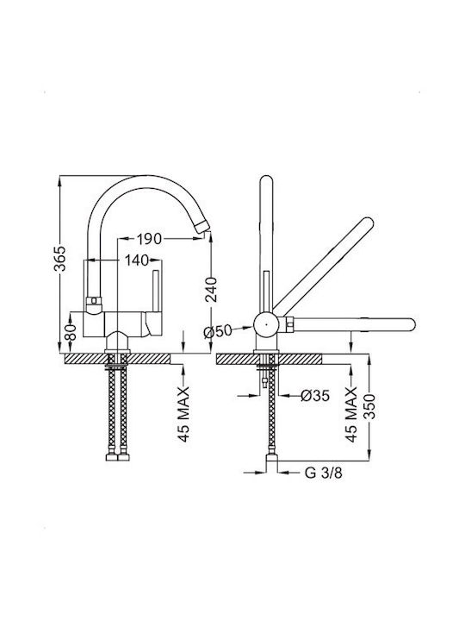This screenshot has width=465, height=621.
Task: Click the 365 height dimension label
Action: (60, 258)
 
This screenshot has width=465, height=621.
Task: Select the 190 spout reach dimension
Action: (150, 239)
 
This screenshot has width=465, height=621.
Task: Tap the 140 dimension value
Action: (137, 260)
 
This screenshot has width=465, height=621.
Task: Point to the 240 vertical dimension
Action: (211, 290)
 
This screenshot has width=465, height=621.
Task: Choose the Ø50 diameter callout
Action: (218, 331)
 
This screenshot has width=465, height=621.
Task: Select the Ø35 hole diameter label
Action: (315, 395)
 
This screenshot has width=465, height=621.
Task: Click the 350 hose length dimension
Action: (369, 406)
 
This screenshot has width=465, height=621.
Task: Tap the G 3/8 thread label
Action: (324, 473)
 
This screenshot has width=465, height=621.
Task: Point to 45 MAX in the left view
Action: (183, 414)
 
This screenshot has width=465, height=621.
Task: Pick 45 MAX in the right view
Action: (351, 414)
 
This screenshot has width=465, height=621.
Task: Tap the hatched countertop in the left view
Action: (117, 359)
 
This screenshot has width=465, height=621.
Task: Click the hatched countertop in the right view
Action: (269, 359)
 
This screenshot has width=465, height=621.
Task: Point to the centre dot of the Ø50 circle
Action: (266, 324)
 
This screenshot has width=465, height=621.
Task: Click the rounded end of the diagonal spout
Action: (367, 223)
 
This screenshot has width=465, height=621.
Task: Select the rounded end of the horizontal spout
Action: (410, 324)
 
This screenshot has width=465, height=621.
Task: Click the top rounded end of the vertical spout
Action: (266, 181)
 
